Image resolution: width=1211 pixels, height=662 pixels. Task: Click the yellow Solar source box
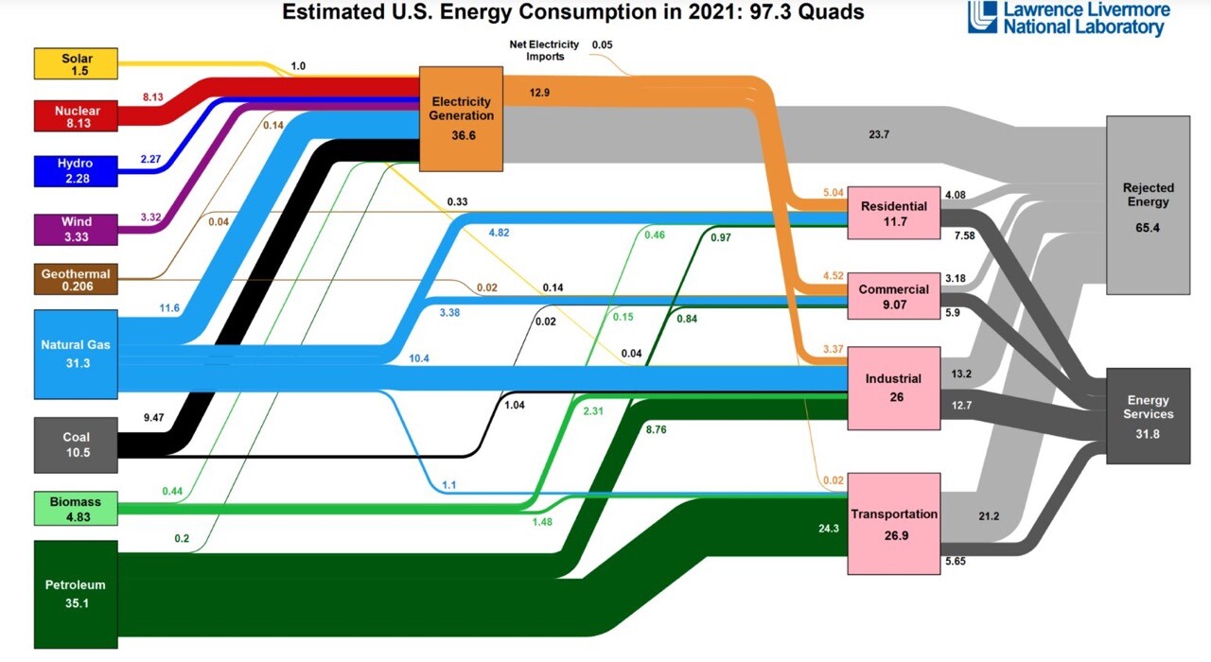(x=77, y=64)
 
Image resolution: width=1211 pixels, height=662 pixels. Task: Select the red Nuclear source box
(x=77, y=115)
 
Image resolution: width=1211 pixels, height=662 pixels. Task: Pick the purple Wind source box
(x=77, y=228)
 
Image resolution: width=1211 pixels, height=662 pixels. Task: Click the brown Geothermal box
(x=76, y=279)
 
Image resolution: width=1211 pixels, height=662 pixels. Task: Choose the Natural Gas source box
(x=76, y=354)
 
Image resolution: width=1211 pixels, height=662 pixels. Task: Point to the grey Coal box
(x=76, y=444)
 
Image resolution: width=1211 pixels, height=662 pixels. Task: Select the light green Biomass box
(x=76, y=508)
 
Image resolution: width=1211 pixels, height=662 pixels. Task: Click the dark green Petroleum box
(x=76, y=594)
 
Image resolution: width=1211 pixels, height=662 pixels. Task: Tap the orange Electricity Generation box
(x=461, y=118)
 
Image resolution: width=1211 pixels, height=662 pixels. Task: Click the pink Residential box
(x=894, y=213)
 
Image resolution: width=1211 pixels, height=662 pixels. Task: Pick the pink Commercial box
(x=894, y=296)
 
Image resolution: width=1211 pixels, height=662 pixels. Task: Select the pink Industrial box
(x=894, y=388)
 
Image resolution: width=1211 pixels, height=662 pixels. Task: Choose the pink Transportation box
(x=894, y=522)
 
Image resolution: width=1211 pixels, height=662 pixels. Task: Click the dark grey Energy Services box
(x=1148, y=415)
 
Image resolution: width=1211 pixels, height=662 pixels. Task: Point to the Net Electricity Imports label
(x=533, y=50)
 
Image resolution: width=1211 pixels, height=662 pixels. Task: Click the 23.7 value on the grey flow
(x=879, y=134)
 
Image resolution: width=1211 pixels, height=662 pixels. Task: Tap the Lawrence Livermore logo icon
(x=982, y=17)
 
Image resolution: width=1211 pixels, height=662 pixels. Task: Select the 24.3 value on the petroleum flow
(x=829, y=529)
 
